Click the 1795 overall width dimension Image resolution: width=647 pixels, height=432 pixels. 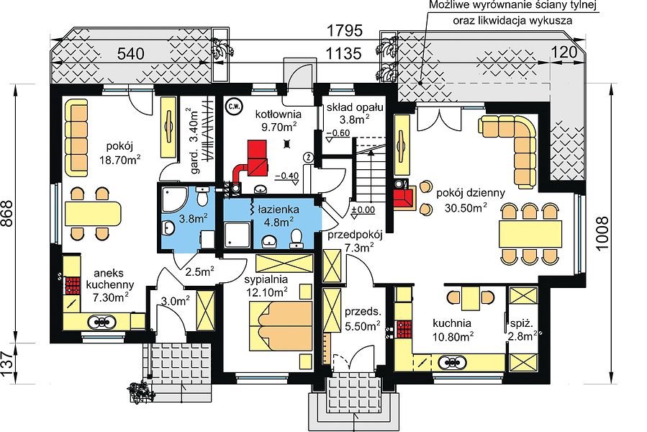click(344, 30)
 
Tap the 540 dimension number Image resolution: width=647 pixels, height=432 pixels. click(131, 54)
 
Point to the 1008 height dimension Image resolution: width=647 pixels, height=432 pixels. click(603, 234)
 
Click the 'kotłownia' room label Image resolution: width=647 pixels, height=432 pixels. click(278, 114)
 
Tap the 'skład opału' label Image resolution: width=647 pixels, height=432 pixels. click(356, 107)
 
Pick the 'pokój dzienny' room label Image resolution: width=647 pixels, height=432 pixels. click(471, 193)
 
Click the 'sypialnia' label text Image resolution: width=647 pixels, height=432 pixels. click(266, 279)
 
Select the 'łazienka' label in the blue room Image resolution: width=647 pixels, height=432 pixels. click(279, 210)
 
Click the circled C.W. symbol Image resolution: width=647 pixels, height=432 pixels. click(234, 107)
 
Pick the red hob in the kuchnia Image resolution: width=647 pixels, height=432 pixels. click(404, 330)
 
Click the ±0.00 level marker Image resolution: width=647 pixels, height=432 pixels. click(363, 210)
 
